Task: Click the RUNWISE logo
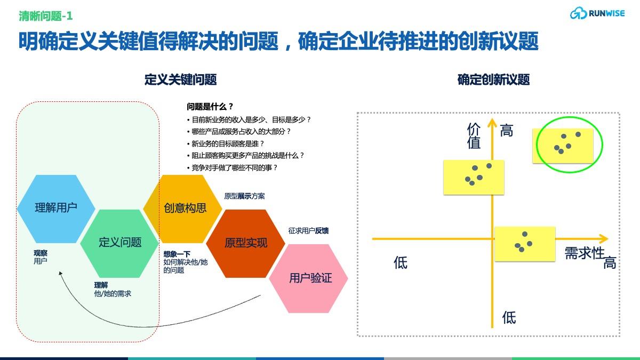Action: pos(601,13)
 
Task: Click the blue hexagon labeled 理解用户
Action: pos(56,208)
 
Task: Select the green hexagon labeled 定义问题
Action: pos(120,243)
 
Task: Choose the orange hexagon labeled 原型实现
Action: pos(246,243)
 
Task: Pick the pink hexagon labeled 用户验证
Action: pos(309,278)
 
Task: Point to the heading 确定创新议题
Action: pos(493,80)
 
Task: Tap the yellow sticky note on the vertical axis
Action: pos(474,177)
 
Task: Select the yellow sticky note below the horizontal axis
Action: pos(525,244)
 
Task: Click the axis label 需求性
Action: pos(584,253)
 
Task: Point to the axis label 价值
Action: pos(474,136)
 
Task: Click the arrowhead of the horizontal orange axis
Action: pos(604,238)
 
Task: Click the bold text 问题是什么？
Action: pos(210,107)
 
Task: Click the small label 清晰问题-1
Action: pos(45,17)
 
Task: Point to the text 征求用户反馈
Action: pos(308,231)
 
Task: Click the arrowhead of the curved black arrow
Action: pos(61,274)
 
